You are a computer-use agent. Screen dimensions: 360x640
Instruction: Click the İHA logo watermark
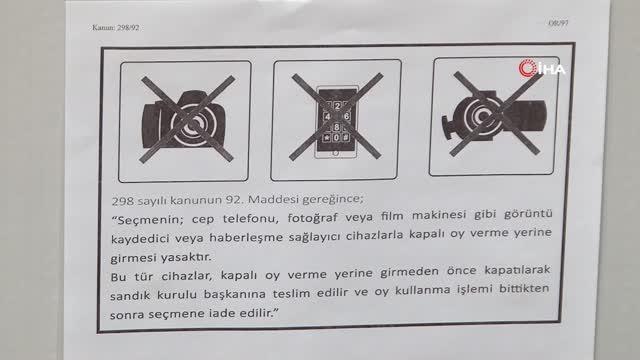[x=542, y=69]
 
